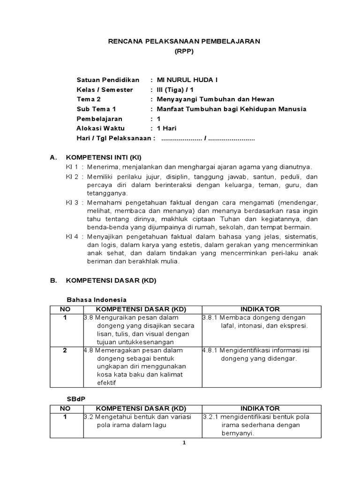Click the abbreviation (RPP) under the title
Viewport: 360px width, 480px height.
[184, 51]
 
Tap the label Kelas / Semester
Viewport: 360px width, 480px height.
[105, 90]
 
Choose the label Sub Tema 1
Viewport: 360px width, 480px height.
[96, 109]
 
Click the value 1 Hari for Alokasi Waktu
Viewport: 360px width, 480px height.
[166, 128]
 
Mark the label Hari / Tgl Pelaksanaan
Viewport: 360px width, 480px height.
[115, 138]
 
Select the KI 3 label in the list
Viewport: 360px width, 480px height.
[72, 202]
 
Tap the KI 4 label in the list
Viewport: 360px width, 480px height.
[72, 236]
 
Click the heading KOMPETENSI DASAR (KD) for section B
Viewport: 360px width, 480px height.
[111, 280]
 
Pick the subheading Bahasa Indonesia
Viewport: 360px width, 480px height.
[97, 300]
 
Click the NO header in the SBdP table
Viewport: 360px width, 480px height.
[65, 409]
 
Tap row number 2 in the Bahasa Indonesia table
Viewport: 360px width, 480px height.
[65, 350]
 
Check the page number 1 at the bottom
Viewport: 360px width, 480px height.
[184, 443]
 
